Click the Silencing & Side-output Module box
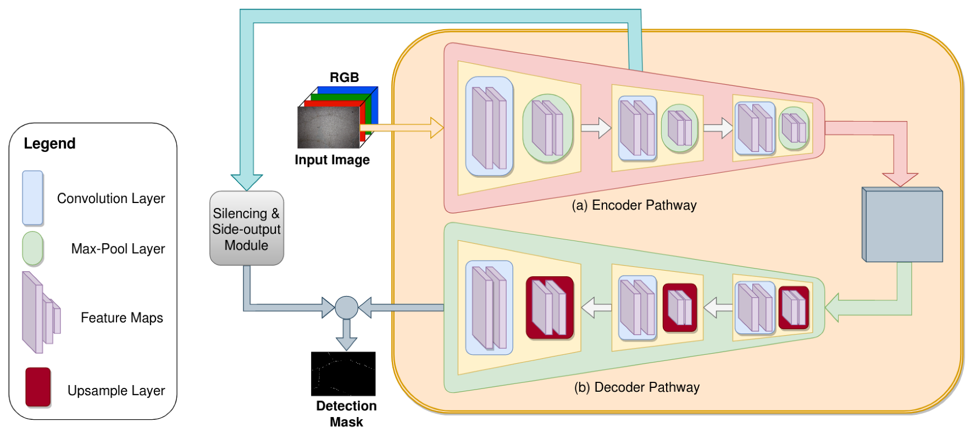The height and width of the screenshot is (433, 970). pyautogui.click(x=247, y=228)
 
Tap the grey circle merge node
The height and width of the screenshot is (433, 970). pyautogui.click(x=347, y=308)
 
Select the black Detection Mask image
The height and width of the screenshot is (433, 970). pyautogui.click(x=343, y=374)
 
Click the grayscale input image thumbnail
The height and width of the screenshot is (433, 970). pyautogui.click(x=329, y=127)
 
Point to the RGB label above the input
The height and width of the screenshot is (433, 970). pyautogui.click(x=345, y=78)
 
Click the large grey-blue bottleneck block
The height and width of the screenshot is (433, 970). pyautogui.click(x=902, y=224)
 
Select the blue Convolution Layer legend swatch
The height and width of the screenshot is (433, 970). pyautogui.click(x=33, y=198)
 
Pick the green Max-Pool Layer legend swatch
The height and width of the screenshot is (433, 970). pyautogui.click(x=33, y=248)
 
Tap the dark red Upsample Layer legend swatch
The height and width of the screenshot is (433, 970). pyautogui.click(x=38, y=387)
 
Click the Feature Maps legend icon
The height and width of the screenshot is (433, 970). pyautogui.click(x=41, y=313)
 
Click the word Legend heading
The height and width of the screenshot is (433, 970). pyautogui.click(x=49, y=144)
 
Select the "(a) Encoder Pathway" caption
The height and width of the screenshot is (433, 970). pyautogui.click(x=634, y=205)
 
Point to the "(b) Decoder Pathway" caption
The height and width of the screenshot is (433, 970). pyautogui.click(x=637, y=387)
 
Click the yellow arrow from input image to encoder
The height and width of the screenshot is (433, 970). pyautogui.click(x=402, y=128)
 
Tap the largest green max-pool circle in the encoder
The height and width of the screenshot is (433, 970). pyautogui.click(x=548, y=128)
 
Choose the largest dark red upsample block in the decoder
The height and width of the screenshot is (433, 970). pyautogui.click(x=550, y=308)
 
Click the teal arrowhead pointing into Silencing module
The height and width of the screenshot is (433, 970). pyautogui.click(x=247, y=183)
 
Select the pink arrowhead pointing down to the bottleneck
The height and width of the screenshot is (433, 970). pyautogui.click(x=900, y=180)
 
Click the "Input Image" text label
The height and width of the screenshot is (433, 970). pyautogui.click(x=332, y=160)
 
